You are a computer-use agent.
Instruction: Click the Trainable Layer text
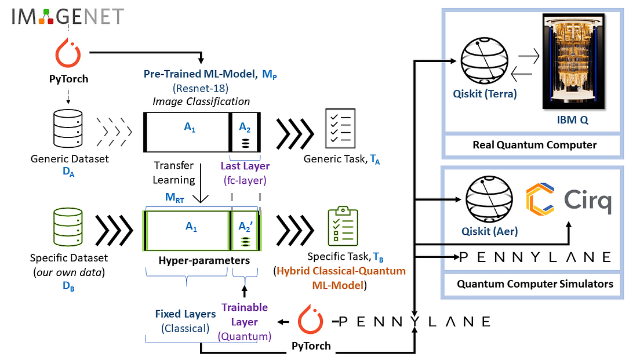[245, 314]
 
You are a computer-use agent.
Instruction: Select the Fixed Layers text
[186, 314]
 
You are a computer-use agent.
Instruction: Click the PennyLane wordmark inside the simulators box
[534, 257]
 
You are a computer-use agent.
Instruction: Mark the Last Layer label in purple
[245, 166]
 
